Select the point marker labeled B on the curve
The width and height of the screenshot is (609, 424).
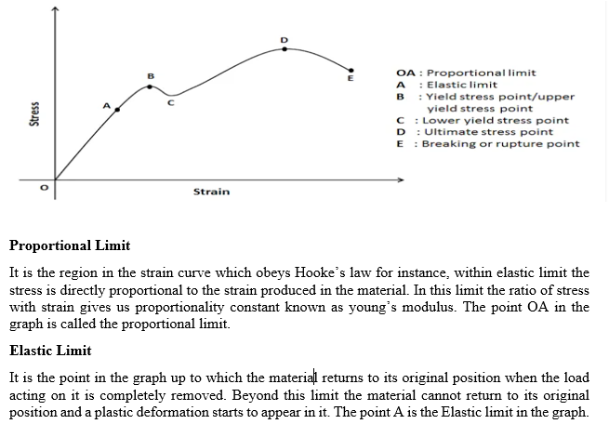151,86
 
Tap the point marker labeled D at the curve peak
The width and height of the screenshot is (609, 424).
285,48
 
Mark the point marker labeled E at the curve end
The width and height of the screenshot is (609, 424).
351,70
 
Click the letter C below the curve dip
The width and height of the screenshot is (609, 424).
169,104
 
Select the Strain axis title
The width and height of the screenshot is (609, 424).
211,192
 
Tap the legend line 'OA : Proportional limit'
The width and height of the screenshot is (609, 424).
465,73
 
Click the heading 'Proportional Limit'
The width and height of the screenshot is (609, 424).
70,245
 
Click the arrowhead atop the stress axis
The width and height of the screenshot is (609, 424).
55,10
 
